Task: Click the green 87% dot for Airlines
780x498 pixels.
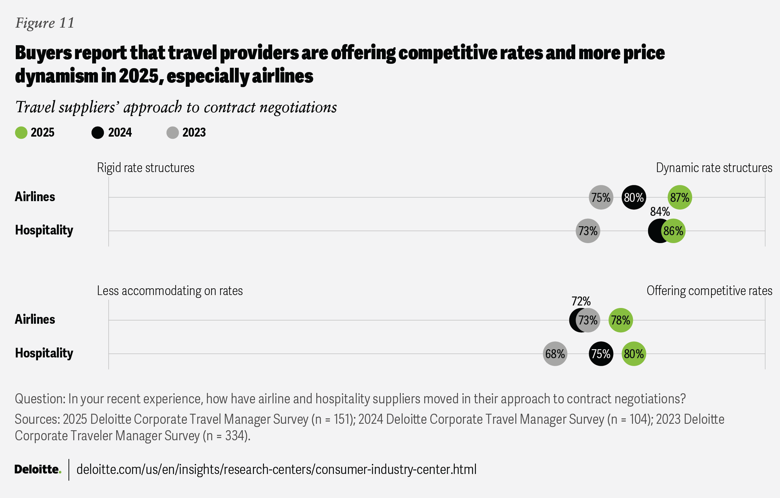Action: tap(680, 197)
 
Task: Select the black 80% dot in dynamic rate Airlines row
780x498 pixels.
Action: tap(634, 197)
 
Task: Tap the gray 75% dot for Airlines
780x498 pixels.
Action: tap(601, 197)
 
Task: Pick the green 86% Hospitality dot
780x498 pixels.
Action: tap(673, 231)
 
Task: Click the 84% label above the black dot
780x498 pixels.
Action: tap(660, 212)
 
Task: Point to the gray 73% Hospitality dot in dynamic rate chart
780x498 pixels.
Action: tap(588, 231)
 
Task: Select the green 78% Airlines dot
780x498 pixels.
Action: tap(620, 320)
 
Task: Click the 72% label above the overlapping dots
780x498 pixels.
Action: tap(581, 301)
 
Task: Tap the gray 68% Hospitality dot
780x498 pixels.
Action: tap(555, 354)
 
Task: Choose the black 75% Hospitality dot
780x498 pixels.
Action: tap(601, 354)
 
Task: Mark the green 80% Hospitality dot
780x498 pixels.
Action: tap(634, 354)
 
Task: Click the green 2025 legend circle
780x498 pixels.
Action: tap(21, 133)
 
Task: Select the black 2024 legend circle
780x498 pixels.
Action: tap(98, 133)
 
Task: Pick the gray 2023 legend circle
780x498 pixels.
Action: tap(172, 133)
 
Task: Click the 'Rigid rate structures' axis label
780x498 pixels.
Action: tap(146, 168)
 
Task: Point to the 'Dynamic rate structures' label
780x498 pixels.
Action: tap(714, 168)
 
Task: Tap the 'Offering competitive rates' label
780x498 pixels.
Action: tap(709, 291)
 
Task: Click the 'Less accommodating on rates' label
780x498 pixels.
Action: tap(170, 291)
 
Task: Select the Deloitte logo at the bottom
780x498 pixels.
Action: tap(38, 469)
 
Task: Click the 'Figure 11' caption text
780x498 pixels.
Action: tap(45, 23)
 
